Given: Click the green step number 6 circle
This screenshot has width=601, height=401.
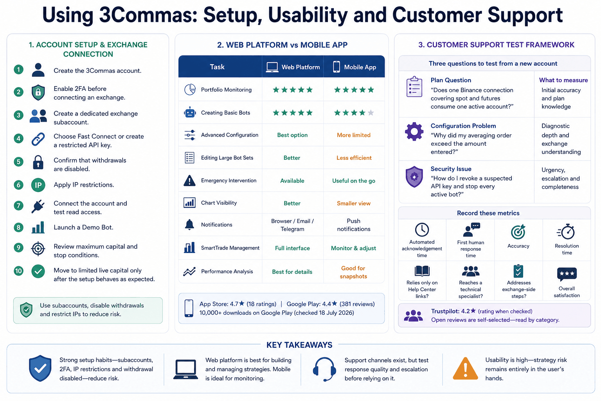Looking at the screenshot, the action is [18, 185].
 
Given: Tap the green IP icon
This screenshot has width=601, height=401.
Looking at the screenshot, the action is [38, 185].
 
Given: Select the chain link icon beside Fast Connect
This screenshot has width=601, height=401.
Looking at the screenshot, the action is [38, 139].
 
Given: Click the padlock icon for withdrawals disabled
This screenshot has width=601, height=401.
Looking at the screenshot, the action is [38, 162].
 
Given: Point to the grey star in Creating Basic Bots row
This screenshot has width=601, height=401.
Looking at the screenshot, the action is [371, 112].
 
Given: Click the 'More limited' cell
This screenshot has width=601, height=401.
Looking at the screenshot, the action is [354, 135].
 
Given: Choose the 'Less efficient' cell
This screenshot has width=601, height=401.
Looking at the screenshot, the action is [354, 158].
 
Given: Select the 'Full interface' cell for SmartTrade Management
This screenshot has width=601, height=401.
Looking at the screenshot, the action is [292, 248].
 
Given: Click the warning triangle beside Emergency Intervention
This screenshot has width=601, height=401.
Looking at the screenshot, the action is [189, 181].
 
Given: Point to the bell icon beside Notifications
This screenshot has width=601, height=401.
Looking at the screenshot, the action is [189, 224].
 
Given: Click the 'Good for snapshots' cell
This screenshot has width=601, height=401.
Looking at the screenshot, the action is [353, 272].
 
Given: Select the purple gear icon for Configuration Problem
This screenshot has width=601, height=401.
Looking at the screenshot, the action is [414, 131].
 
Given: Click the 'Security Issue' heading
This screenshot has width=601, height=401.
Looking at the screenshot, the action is [451, 169].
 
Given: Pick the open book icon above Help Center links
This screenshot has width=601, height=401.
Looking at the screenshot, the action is [422, 271].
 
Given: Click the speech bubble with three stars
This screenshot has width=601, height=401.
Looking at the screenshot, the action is [567, 274].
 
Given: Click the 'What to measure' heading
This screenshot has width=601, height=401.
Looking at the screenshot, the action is [563, 80].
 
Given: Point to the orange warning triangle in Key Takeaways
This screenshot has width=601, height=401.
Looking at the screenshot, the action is [465, 368].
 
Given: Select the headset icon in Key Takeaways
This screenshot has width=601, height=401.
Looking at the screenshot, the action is [324, 369].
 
